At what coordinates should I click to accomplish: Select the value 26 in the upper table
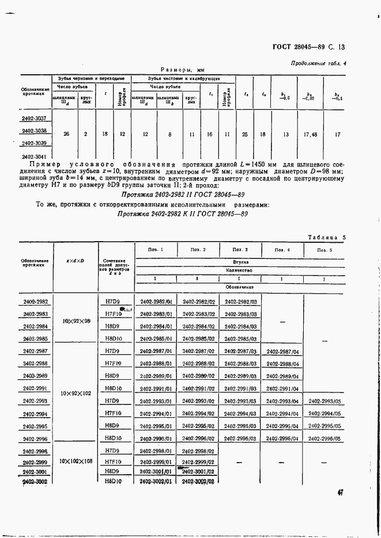coord(67,133)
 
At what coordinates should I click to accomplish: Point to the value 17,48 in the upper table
coord(311,134)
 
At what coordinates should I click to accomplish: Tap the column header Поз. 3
coord(240,250)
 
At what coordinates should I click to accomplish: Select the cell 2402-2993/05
coord(325,401)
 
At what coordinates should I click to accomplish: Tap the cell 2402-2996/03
coord(240,438)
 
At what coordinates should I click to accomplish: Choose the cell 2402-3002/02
coord(198,481)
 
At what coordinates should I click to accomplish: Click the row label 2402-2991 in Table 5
coord(36,388)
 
